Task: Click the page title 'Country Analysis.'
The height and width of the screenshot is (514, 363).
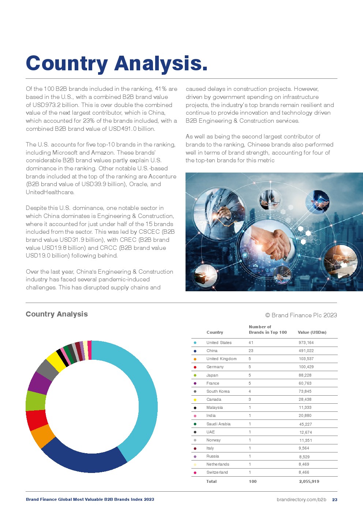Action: point(116,63)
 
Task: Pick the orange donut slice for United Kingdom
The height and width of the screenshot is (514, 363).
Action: point(42,436)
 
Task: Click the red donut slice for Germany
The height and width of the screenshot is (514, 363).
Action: point(36,420)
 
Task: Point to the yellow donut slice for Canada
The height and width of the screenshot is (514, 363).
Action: point(56,361)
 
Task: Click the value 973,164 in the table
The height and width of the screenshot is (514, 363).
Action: point(306,343)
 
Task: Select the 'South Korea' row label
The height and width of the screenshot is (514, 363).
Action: point(218,391)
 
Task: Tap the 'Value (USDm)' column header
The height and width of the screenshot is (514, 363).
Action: point(312,332)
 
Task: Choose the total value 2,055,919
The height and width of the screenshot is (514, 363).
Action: point(309,481)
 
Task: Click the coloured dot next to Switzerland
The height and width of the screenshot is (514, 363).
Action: point(195,473)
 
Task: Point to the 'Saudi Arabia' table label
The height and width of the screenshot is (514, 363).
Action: point(218,424)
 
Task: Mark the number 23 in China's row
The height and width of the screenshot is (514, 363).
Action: point(251,351)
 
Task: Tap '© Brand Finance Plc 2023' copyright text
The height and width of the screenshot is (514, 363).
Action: point(301,315)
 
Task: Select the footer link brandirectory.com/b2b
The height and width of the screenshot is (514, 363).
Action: point(301,499)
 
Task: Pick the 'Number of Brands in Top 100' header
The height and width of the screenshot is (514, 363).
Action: point(267,329)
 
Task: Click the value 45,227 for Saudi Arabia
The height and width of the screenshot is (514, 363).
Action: point(305,424)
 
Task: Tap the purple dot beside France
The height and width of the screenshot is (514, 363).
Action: point(195,383)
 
